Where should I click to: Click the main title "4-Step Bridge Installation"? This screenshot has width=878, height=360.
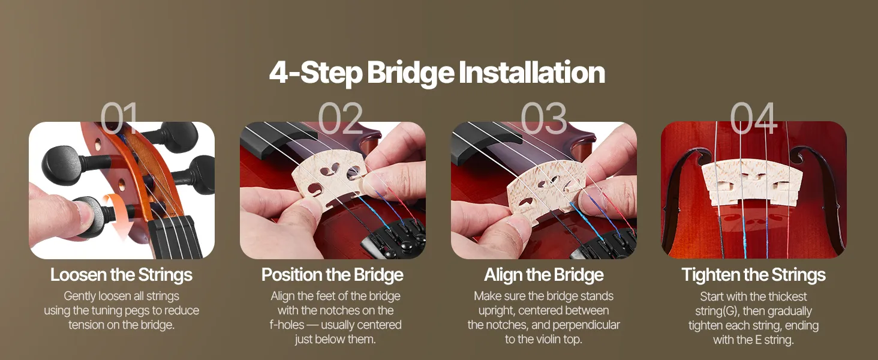pyautogui.click(x=437, y=73)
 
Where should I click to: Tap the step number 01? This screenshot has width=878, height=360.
pyautogui.click(x=119, y=118)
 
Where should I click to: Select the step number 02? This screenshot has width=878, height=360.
pyautogui.click(x=340, y=118)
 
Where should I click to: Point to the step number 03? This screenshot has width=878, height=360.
pyautogui.click(x=544, y=118)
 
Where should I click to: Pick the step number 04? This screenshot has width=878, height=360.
pyautogui.click(x=753, y=118)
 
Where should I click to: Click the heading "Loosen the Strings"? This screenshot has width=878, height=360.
pyautogui.click(x=122, y=275)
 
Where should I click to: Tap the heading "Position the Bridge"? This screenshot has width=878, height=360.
pyautogui.click(x=332, y=275)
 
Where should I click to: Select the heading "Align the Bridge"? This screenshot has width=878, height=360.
pyautogui.click(x=544, y=275)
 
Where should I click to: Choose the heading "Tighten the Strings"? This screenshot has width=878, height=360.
pyautogui.click(x=753, y=275)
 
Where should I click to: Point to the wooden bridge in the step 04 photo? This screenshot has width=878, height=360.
pyautogui.click(x=752, y=182)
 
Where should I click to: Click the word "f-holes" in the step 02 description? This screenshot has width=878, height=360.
pyautogui.click(x=287, y=325)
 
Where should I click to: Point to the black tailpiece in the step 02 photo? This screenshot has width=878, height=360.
pyautogui.click(x=396, y=239)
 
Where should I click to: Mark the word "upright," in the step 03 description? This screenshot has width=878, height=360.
pyautogui.click(x=497, y=311)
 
